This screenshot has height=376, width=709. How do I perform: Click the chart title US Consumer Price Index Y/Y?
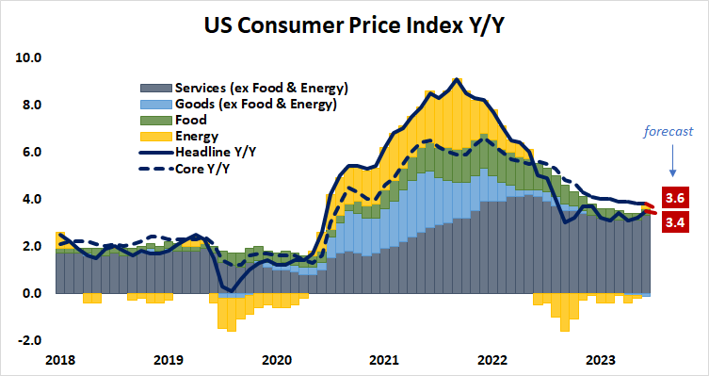pos(355,23)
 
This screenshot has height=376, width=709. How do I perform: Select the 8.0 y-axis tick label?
pos(32,105)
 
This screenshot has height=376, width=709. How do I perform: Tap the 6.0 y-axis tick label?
pos(32,152)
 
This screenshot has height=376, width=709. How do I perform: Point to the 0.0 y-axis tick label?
pos(32,293)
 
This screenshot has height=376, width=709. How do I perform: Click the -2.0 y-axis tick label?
pos(30,340)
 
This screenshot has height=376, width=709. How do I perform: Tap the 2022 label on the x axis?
pos(493,360)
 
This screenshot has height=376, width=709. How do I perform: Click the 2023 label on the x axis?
pos(602,360)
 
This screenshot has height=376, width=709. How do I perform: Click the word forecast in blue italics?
pos(669,132)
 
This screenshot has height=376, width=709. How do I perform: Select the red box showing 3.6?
pos(674,199)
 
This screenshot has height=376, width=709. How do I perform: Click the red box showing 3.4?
pos(674,222)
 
